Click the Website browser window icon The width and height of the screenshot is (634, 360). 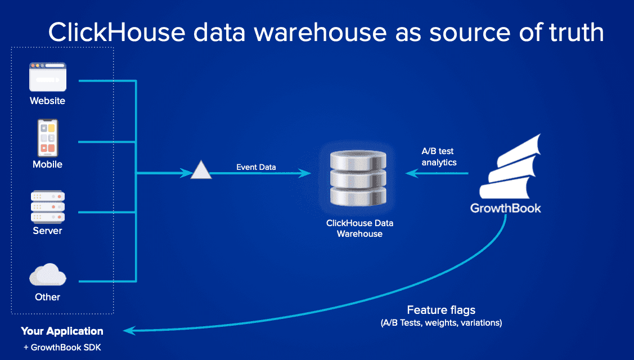point(48,77)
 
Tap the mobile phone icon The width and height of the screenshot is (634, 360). point(48,138)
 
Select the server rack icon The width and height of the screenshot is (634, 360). point(48,206)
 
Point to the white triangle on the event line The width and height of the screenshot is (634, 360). point(201,170)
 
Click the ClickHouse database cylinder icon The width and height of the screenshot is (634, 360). point(358,178)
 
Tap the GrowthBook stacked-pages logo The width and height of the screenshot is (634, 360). point(510,166)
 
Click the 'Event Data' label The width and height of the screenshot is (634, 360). point(256,167)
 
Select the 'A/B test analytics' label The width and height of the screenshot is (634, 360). point(439,156)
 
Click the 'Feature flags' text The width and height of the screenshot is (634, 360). point(441,310)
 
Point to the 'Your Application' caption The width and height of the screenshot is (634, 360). point(62,331)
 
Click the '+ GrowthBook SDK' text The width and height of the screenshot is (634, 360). point(62,348)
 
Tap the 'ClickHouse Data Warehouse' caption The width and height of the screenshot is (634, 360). point(360,228)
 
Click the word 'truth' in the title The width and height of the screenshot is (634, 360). point(577,33)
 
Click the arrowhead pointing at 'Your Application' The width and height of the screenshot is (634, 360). point(129,331)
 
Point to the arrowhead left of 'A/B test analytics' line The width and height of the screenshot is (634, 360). point(412,173)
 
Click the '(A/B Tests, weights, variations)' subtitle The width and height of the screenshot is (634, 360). point(441,323)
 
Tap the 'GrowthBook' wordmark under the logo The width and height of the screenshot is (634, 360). point(505,208)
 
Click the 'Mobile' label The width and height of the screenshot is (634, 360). point(47,164)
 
